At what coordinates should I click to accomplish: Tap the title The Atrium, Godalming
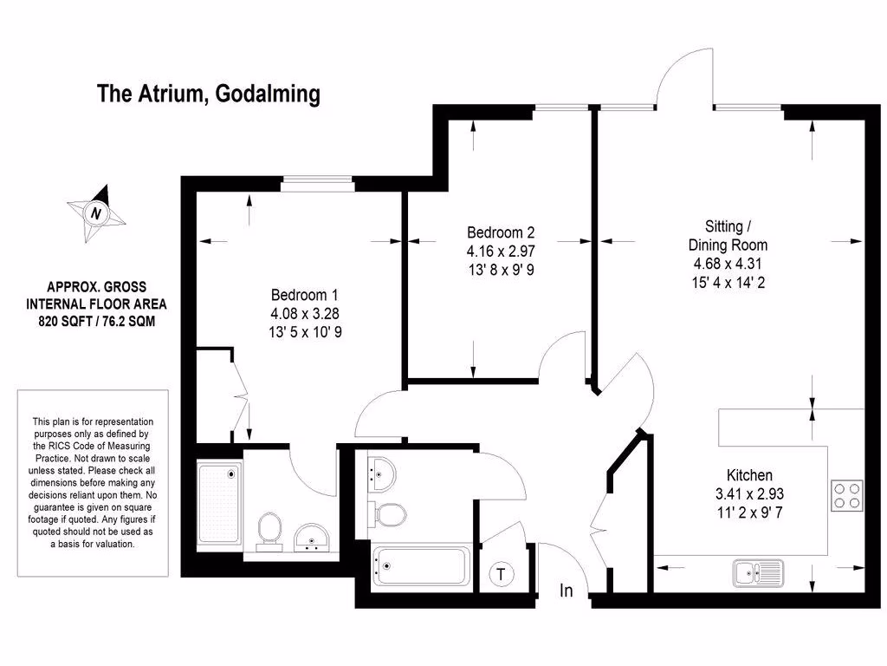tap(208, 93)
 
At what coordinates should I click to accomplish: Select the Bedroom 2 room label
tap(501, 232)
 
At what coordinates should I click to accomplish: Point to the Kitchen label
tap(749, 475)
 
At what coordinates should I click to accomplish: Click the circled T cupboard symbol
tap(501, 572)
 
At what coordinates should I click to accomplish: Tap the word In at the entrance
tap(567, 591)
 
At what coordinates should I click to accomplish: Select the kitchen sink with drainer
tap(758, 571)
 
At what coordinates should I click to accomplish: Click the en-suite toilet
tap(269, 529)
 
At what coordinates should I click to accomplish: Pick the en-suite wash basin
tap(310, 538)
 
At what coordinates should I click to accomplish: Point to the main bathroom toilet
tap(388, 513)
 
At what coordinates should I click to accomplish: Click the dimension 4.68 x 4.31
tap(728, 264)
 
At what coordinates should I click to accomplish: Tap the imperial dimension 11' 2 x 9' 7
tap(749, 512)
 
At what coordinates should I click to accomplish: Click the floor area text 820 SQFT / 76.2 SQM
tap(96, 320)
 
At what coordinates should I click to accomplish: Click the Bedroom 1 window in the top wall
tap(318, 182)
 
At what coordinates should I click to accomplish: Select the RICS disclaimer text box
tap(93, 482)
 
